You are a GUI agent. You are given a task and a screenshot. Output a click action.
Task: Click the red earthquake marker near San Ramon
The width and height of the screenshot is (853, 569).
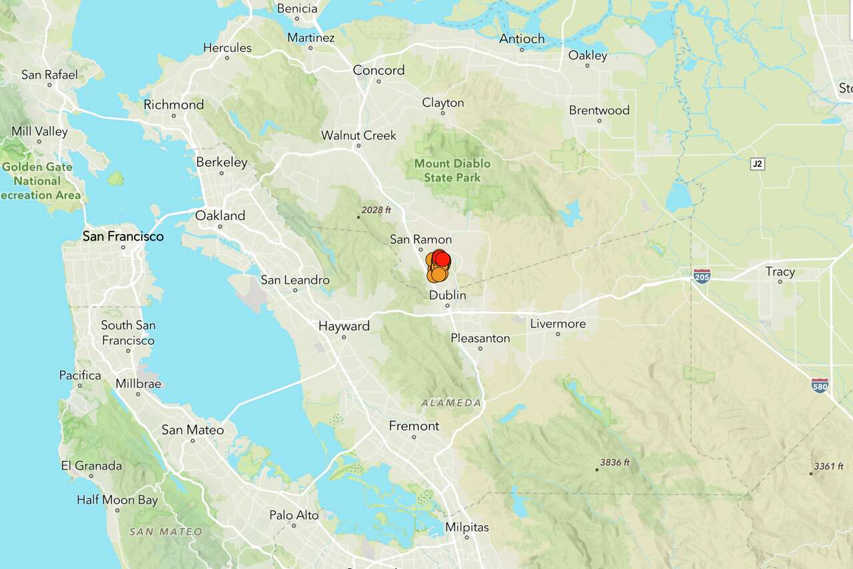pyautogui.click(x=440, y=259)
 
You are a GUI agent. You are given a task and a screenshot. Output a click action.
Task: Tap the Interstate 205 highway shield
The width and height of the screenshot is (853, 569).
pyautogui.click(x=701, y=276)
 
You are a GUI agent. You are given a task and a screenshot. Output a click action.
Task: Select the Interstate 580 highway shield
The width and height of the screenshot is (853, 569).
pyautogui.click(x=820, y=386)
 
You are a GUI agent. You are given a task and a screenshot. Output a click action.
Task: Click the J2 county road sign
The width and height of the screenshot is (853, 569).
pyautogui.click(x=756, y=163)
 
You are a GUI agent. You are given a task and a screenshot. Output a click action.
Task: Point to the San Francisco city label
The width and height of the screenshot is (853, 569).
pyautogui.click(x=123, y=236)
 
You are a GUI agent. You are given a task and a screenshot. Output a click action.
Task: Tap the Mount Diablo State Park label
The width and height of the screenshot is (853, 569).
pyautogui.click(x=452, y=170)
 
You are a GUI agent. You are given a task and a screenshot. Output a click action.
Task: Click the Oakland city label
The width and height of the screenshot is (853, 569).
pyautogui.click(x=220, y=215)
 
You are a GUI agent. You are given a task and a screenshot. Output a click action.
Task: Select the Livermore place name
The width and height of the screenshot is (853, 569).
pyautogui.click(x=558, y=324)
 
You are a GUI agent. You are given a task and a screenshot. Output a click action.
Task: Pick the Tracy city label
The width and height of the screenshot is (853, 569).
pyautogui.click(x=780, y=271)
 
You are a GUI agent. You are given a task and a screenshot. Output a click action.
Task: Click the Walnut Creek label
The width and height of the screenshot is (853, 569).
pyautogui.click(x=359, y=135)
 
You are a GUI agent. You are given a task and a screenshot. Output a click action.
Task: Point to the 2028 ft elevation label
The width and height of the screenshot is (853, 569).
pyautogui.click(x=377, y=210)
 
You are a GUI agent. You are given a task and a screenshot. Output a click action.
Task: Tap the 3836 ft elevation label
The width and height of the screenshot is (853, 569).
pyautogui.click(x=614, y=462)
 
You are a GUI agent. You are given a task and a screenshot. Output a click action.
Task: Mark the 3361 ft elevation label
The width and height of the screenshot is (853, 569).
pyautogui.click(x=828, y=466)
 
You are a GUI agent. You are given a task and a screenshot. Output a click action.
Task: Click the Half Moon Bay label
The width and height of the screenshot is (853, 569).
pyautogui.click(x=117, y=500)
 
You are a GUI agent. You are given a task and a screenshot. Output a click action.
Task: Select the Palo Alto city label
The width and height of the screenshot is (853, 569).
pyautogui.click(x=294, y=515)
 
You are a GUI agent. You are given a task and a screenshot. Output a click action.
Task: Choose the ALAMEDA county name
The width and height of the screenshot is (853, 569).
pyautogui.click(x=450, y=403)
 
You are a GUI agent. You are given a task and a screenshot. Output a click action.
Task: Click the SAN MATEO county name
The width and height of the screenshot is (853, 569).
pyautogui.click(x=165, y=532)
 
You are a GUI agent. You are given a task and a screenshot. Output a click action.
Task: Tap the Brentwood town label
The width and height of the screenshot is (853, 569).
pyautogui.click(x=599, y=110)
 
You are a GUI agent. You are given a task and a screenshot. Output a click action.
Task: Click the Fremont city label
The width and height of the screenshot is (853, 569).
pyautogui.click(x=414, y=426)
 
